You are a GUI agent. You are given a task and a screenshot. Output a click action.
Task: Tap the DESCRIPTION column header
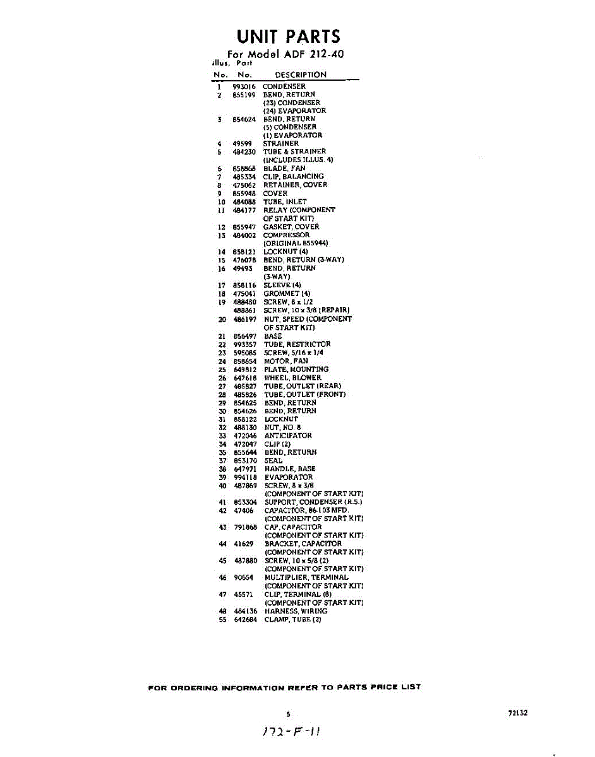[301, 74]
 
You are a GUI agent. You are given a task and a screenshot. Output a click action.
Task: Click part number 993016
[243, 86]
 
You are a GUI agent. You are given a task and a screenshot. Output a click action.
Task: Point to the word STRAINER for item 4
[281, 143]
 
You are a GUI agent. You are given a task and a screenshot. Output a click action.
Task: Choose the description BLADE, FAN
[284, 168]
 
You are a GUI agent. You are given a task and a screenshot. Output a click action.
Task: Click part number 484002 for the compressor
[244, 235]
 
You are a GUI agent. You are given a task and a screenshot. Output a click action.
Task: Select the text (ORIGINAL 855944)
[296, 243]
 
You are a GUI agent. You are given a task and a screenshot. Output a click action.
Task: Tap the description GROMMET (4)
[287, 293]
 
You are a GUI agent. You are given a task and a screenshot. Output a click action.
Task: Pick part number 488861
[244, 310]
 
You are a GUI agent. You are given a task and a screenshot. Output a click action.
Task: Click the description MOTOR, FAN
[286, 361]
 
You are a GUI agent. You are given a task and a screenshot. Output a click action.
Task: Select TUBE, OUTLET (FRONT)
[304, 394]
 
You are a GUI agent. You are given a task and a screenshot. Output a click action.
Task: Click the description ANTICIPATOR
[288, 435]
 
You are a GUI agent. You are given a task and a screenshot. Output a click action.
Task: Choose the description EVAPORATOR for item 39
[289, 478]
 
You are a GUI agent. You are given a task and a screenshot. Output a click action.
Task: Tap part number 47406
[243, 510]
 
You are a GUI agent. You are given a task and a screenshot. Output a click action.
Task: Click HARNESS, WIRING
[296, 611]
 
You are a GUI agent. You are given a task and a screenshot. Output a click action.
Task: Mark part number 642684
[244, 619]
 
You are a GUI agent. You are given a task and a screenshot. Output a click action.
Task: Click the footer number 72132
[517, 713]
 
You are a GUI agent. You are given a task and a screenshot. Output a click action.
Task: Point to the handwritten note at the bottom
[291, 732]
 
